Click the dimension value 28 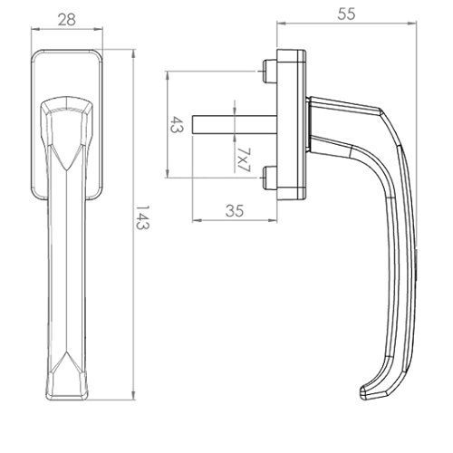pos(67,20)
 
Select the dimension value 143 pos(141,217)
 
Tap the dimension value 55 pos(346,14)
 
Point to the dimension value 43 pos(177,125)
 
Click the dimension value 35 pos(235,211)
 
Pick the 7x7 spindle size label pos(244,160)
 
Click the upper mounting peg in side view pos(270,72)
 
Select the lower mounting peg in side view pos(270,178)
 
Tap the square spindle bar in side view pos(235,124)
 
